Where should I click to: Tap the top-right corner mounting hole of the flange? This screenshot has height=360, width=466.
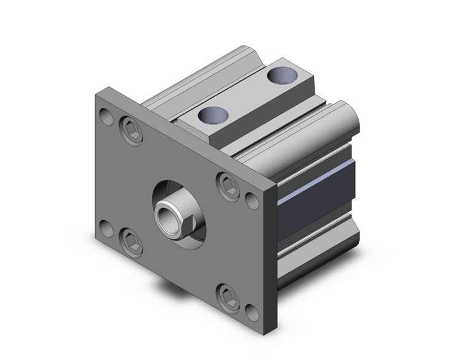click(252, 199)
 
